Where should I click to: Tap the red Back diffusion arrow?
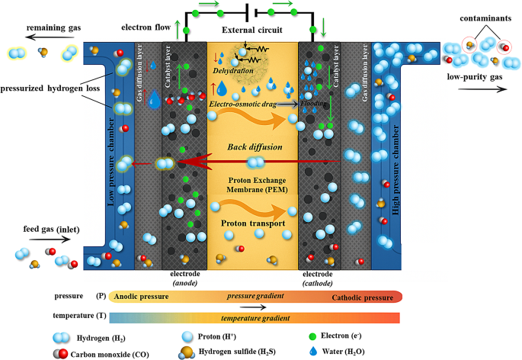(x=229, y=162)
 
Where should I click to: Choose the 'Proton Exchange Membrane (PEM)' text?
(x=252, y=188)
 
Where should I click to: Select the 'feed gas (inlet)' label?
(x=35, y=230)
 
